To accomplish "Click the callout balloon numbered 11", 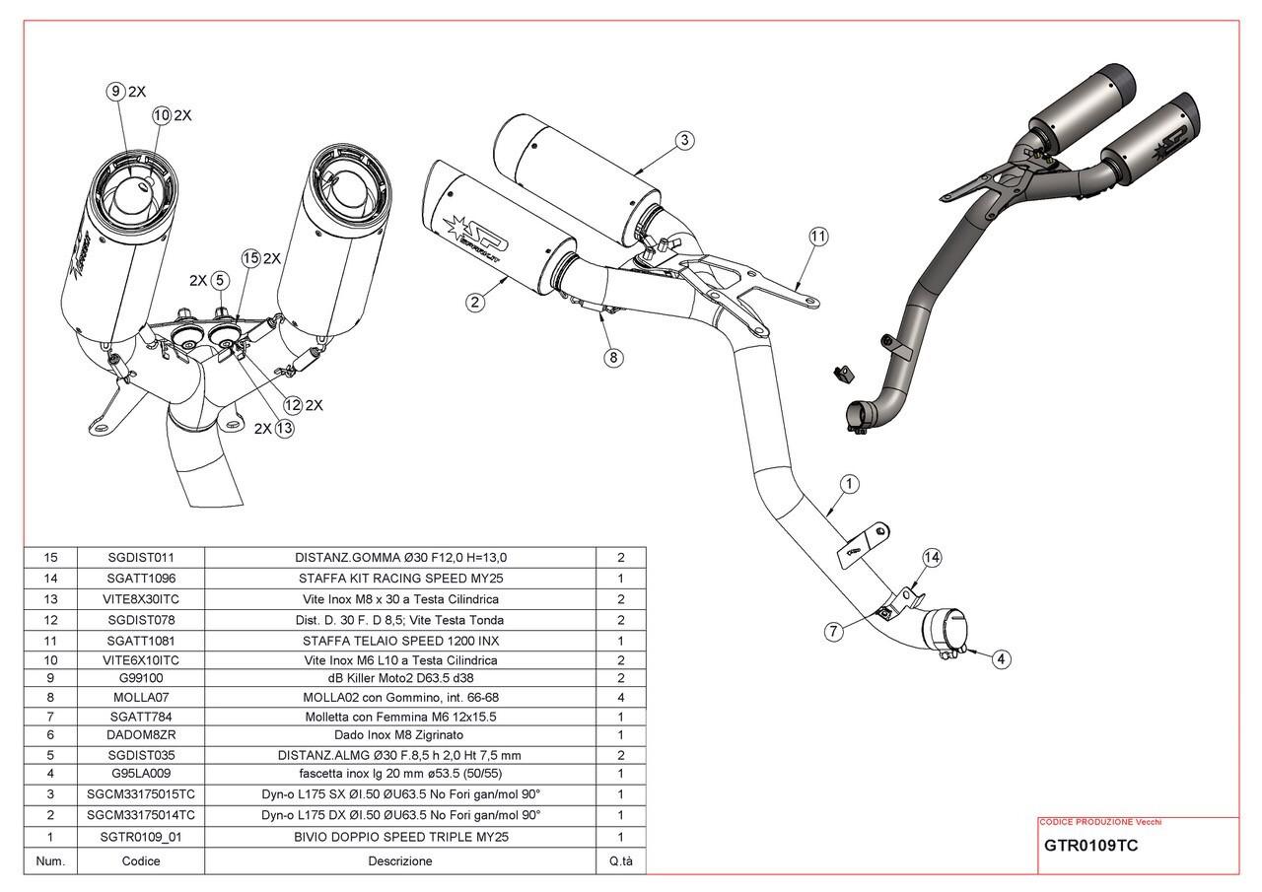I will coord(818,237).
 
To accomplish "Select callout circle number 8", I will coord(613,357).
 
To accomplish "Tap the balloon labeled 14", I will coord(932,558).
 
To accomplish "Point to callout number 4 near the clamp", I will coord(1002,659).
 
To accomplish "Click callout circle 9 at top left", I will coord(115,92).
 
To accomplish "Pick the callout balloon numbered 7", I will coord(834,632).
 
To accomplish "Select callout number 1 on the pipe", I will coord(850,484).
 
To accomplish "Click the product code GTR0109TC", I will coord(1090,846).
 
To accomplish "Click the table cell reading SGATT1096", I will coord(141,579).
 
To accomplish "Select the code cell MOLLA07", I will coord(141,697).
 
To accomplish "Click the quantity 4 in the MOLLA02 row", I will coord(620,697).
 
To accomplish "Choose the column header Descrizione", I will coord(400,860).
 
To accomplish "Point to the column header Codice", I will coord(141,860).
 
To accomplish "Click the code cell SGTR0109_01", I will coord(141,837).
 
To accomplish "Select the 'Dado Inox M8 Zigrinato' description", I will coord(400,734).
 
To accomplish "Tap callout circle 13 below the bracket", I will coord(284,428).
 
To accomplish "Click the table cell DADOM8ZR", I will coord(141,734).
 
